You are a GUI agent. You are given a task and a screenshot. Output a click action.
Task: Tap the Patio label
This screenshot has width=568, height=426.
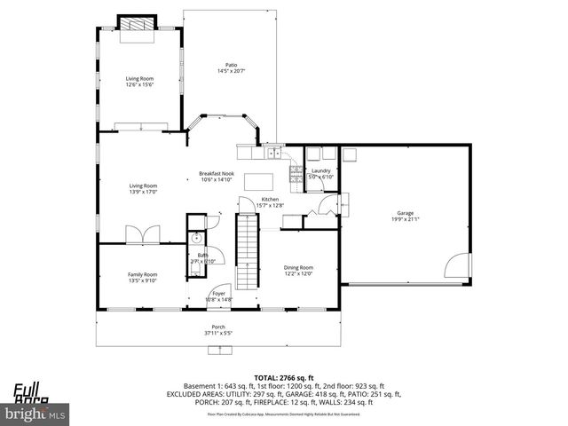tap(231, 64)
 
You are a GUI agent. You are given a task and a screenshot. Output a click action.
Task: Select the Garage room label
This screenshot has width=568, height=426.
tap(405, 213)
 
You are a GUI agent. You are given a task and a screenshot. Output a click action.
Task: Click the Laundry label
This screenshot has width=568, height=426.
tap(321, 170)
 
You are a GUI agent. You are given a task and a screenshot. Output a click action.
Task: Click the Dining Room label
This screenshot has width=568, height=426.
tap(298, 267)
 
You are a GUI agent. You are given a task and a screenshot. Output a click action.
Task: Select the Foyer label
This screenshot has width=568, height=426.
tap(217, 295)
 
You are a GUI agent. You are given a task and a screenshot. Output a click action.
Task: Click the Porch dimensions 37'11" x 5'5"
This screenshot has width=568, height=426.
tap(218, 333)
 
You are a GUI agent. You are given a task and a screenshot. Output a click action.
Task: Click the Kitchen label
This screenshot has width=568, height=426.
tap(270, 200)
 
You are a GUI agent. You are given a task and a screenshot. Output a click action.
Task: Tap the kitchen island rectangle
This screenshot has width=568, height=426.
tap(257, 177)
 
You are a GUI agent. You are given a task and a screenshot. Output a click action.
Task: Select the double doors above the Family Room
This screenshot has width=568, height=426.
tap(143, 234)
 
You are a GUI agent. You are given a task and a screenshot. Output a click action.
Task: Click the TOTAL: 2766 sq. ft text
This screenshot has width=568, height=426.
tap(283, 378)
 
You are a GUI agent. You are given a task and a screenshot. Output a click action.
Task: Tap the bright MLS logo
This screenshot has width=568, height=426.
tap(35, 413)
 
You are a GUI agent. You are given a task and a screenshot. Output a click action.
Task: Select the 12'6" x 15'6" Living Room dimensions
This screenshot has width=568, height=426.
tap(139, 84)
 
